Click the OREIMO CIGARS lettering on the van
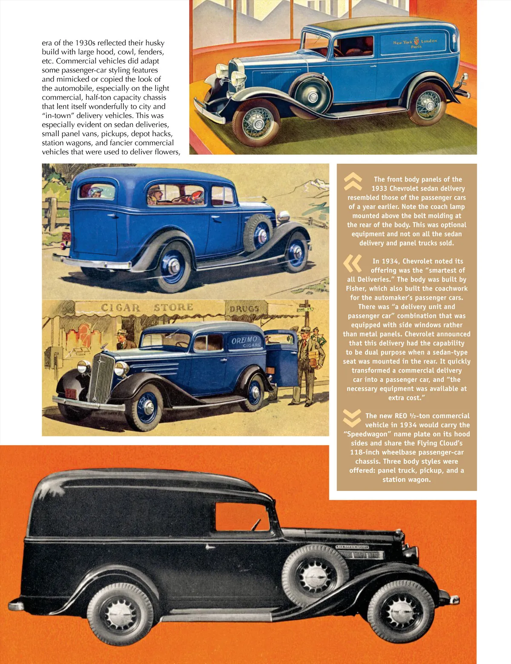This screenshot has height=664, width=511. [245, 341]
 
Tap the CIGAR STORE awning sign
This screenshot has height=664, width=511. [147, 307]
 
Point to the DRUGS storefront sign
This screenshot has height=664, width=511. [244, 308]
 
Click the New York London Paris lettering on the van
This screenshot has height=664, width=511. [415, 43]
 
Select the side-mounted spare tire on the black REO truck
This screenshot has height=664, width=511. [316, 576]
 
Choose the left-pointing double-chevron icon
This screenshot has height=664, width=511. [353, 263]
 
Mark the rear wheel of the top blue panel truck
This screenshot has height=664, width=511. [428, 104]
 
